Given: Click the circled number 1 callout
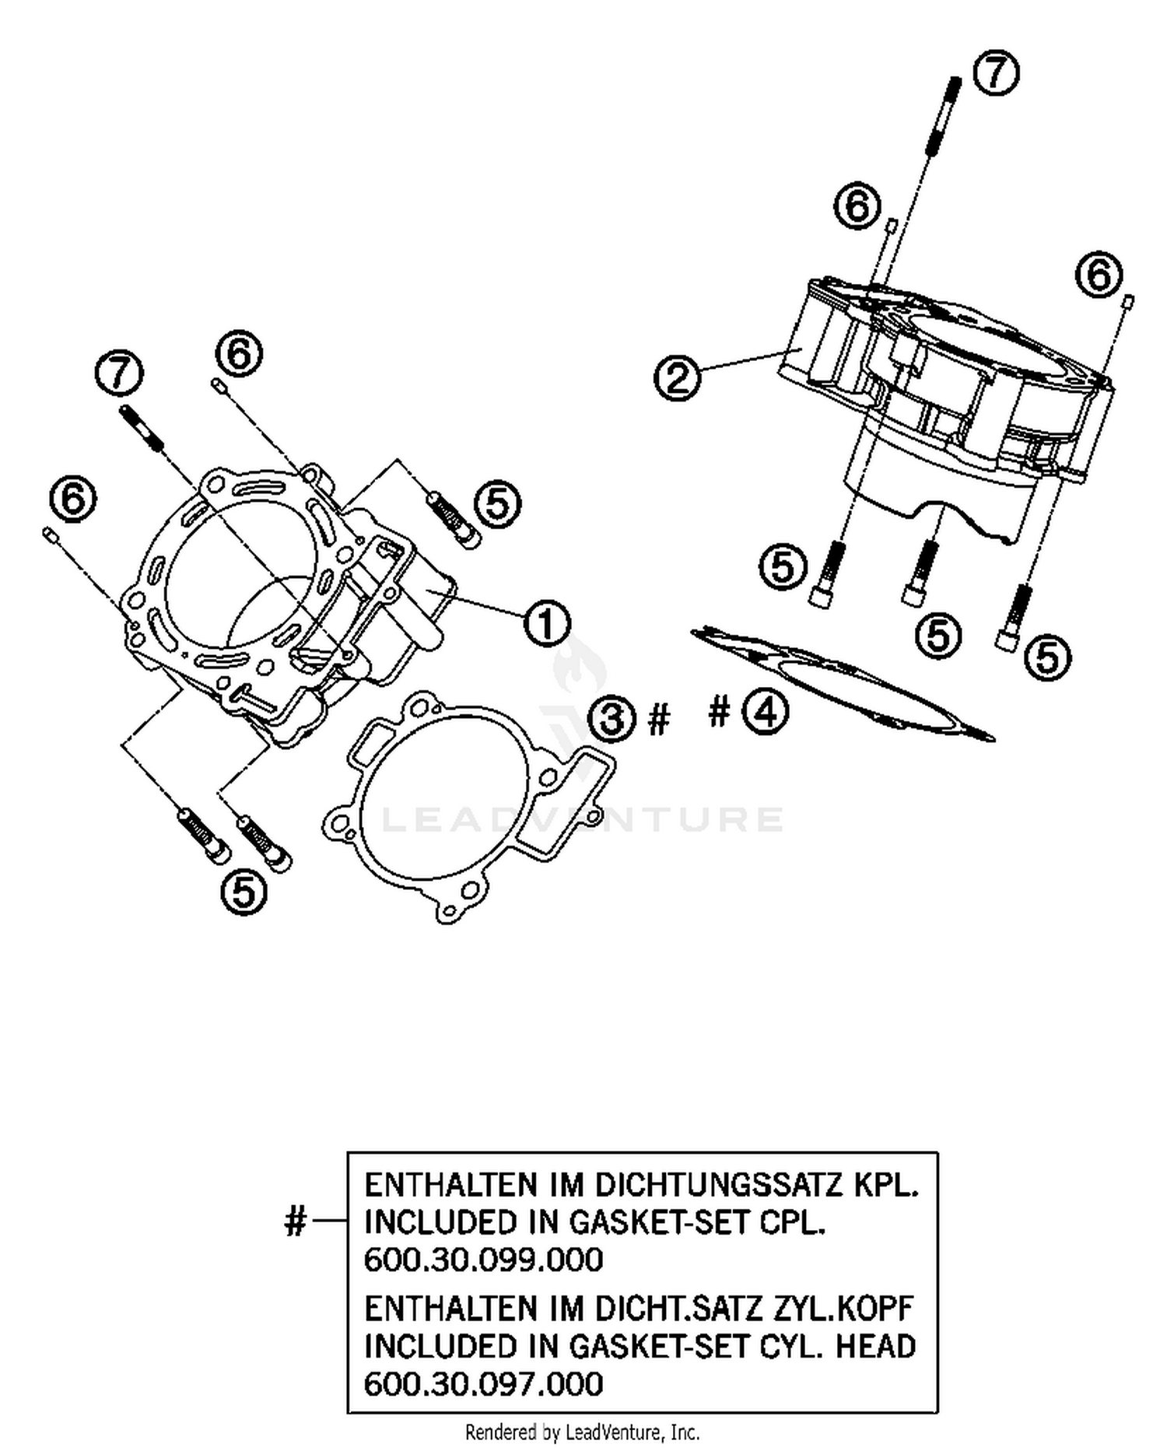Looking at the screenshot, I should click(x=546, y=623).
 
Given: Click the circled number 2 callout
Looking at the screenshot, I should click(x=677, y=378).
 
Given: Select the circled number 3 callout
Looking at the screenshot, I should click(x=612, y=717).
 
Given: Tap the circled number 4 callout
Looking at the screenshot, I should click(x=765, y=712).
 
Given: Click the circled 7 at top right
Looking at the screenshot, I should click(x=997, y=74).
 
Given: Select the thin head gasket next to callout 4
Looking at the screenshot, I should click(x=840, y=685).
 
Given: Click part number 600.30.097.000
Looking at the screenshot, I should click(x=483, y=1384).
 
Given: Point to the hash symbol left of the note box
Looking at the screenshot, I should click(x=296, y=1222).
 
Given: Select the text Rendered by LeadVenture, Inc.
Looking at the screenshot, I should click(x=582, y=1432).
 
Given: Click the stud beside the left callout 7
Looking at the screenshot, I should click(x=142, y=428).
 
